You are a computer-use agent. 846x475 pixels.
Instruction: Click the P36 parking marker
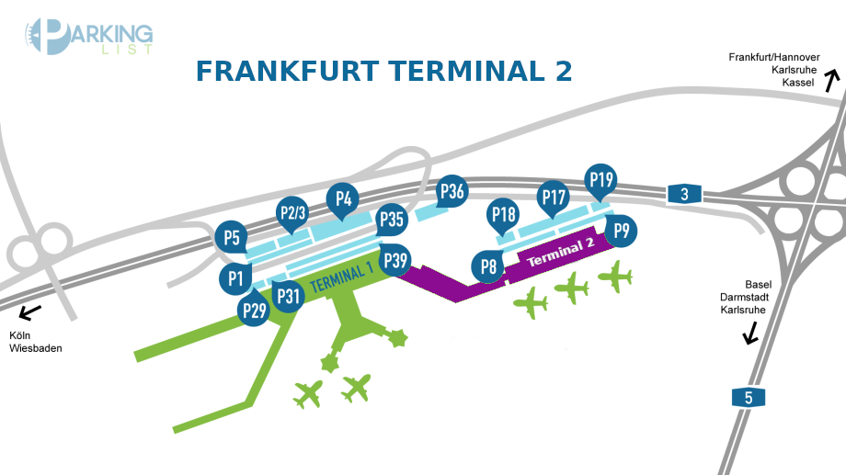point(452,192)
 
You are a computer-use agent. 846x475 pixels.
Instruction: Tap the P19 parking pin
point(601,180)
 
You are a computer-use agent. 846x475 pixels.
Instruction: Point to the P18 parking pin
point(503,214)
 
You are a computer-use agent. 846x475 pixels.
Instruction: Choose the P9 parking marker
point(622,230)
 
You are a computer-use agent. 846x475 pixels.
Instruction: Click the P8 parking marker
point(488,266)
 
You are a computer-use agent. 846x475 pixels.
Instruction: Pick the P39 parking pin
point(395,260)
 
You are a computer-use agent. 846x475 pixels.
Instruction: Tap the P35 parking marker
point(392,220)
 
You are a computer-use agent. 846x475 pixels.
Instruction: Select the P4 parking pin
point(343,198)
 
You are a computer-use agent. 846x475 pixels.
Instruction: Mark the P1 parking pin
point(235,277)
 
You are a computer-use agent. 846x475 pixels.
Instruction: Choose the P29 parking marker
point(254,311)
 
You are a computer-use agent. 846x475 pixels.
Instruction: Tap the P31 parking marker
point(289,296)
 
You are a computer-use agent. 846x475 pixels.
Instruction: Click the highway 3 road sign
point(684,193)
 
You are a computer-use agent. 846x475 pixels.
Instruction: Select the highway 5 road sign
point(748,397)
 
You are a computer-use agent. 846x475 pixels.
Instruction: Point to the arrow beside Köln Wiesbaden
point(29,312)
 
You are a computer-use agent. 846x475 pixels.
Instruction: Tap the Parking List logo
point(88,38)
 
